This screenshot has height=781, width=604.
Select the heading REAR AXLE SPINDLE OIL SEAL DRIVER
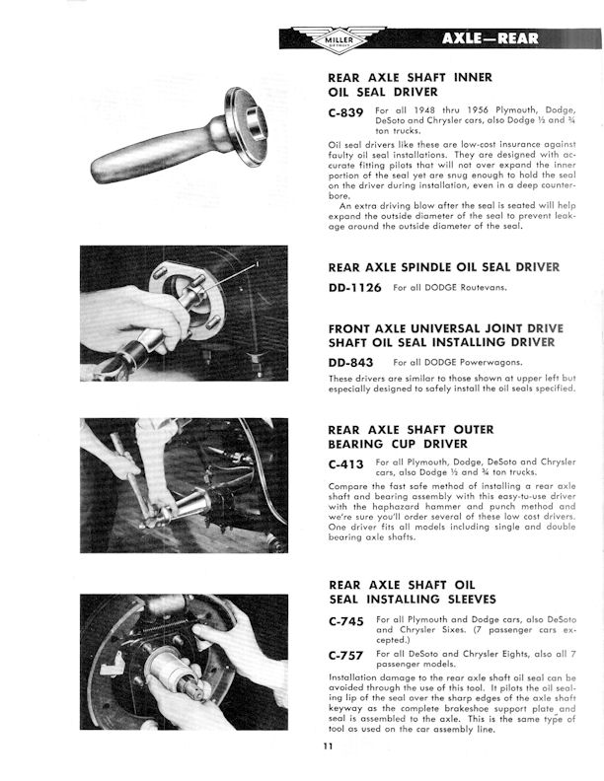(443, 266)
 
